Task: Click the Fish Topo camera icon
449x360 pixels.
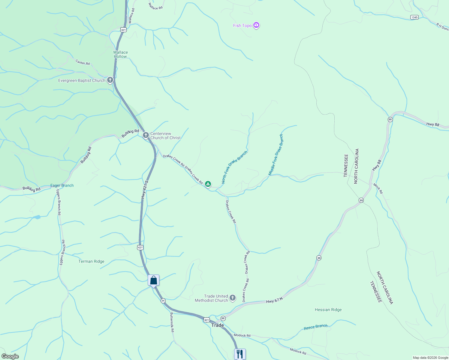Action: pyautogui.click(x=256, y=25)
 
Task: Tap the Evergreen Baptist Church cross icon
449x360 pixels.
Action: pyautogui.click(x=110, y=80)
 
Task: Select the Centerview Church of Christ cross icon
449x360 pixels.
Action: pyautogui.click(x=146, y=135)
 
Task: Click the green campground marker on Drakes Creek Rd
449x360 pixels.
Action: pyautogui.click(x=208, y=184)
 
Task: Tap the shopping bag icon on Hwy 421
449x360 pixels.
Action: pyautogui.click(x=154, y=280)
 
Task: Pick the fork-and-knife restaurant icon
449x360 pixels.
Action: pyautogui.click(x=240, y=354)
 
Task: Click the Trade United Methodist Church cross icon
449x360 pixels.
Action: pyautogui.click(x=233, y=298)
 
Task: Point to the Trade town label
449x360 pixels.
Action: pyautogui.click(x=218, y=325)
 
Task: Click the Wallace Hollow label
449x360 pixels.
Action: pyautogui.click(x=120, y=54)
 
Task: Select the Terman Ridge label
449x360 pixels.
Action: pyautogui.click(x=91, y=261)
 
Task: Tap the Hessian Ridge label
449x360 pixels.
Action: pyautogui.click(x=328, y=310)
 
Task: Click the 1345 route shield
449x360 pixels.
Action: pyautogui.click(x=414, y=17)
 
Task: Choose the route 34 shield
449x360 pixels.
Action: pyautogui.click(x=163, y=301)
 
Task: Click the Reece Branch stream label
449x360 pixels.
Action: pyautogui.click(x=315, y=327)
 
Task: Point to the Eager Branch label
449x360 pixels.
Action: pyautogui.click(x=62, y=185)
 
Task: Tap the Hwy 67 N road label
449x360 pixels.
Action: pyautogui.click(x=274, y=300)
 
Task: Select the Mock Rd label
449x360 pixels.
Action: pyautogui.click(x=378, y=188)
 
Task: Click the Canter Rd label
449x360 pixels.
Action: pyautogui.click(x=83, y=62)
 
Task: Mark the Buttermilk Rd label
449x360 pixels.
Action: pyautogui.click(x=172, y=322)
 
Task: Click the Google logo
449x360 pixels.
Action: pyautogui.click(x=10, y=356)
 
